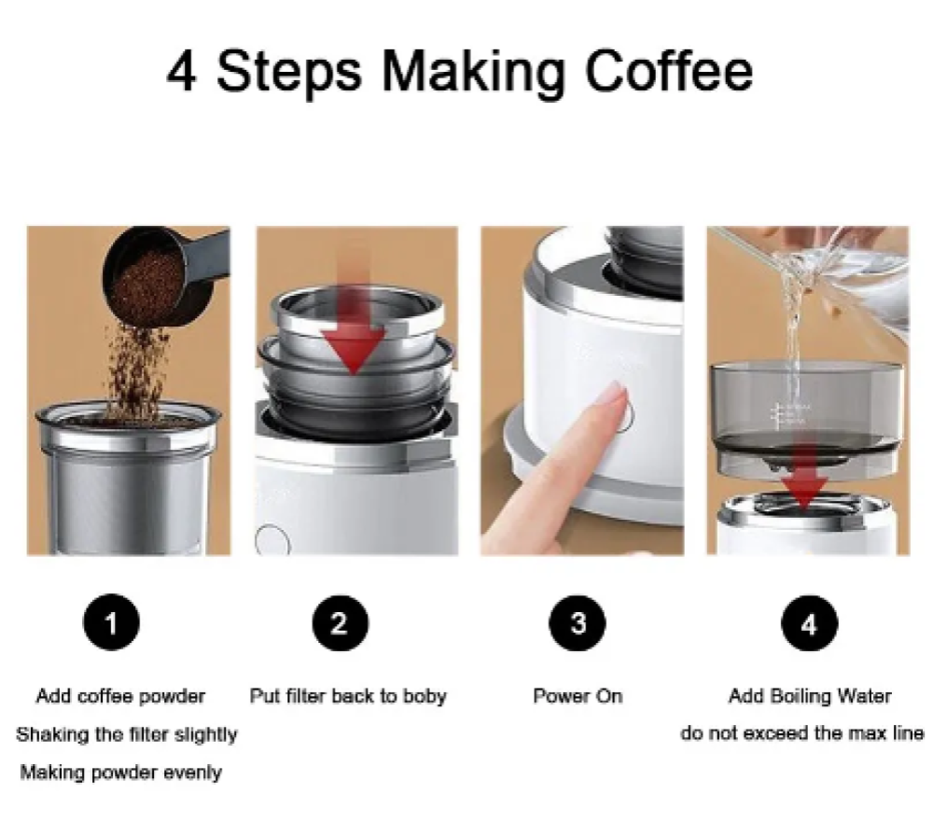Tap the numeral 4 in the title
click(x=182, y=72)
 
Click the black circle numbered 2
click(x=340, y=622)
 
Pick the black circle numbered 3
click(x=578, y=622)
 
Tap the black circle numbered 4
click(x=809, y=623)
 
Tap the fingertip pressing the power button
click(x=615, y=397)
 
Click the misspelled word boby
click(x=425, y=697)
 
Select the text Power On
click(x=578, y=695)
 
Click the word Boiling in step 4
click(x=801, y=696)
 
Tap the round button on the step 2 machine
click(x=272, y=539)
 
